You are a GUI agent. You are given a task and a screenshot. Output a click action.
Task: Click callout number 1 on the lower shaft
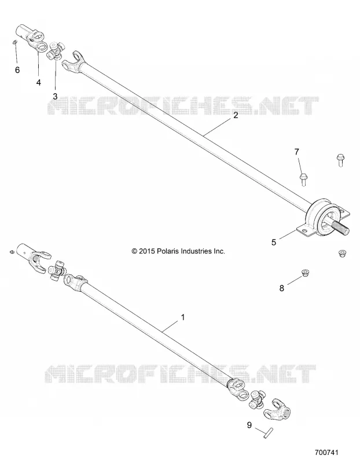183,317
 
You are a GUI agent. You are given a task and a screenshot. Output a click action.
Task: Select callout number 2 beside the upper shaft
236,115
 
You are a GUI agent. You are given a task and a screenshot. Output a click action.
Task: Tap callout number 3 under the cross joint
55,96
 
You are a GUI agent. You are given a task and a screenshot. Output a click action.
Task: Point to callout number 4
39,83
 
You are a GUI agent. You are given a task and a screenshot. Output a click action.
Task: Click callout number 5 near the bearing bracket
274,242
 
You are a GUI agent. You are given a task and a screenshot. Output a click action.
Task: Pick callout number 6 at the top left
17,70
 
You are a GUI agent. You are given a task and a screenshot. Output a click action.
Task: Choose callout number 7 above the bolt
297,152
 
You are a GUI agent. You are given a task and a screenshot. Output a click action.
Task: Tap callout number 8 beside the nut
282,288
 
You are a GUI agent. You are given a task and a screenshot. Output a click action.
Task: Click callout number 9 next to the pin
249,425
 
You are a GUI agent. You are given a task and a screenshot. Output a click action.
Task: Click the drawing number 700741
326,452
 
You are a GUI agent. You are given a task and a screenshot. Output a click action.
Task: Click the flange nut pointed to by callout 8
305,273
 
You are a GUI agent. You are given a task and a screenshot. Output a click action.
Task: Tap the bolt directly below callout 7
303,179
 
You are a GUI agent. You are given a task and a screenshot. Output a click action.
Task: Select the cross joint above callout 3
56,51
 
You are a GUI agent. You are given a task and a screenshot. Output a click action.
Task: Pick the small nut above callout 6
16,43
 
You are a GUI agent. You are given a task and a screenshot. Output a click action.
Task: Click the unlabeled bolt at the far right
340,160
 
